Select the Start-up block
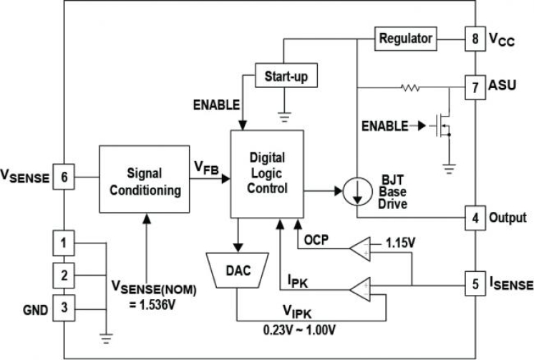coord(286,75)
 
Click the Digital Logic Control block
coord(266,175)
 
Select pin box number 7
coord(475,87)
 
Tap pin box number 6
coord(64,177)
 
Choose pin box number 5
coord(475,283)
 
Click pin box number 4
coord(475,217)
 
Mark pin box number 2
coord(64,275)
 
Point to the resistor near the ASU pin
coord(410,88)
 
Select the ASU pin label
coord(502,87)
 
